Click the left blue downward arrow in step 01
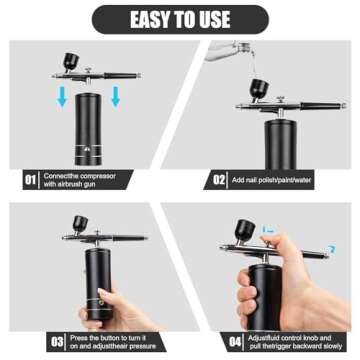click(x=61, y=97)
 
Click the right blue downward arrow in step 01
click(x=116, y=97)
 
